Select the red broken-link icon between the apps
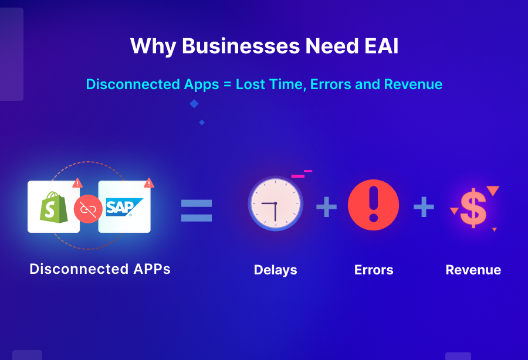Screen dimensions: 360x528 (x=88, y=208)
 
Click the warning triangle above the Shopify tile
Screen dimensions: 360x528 (x=77, y=183)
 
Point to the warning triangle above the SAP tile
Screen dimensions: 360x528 (x=149, y=183)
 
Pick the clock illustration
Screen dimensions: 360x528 (x=275, y=203)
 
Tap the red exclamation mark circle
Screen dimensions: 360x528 (x=373, y=205)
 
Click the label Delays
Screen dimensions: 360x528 (x=275, y=270)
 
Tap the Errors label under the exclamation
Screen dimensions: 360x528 (x=374, y=270)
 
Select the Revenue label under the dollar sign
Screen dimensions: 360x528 (x=473, y=270)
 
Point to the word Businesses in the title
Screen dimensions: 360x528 (x=240, y=46)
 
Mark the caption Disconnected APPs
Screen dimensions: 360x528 (x=100, y=269)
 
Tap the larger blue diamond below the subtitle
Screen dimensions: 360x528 (x=194, y=104)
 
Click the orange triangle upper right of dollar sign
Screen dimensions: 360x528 (x=493, y=191)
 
